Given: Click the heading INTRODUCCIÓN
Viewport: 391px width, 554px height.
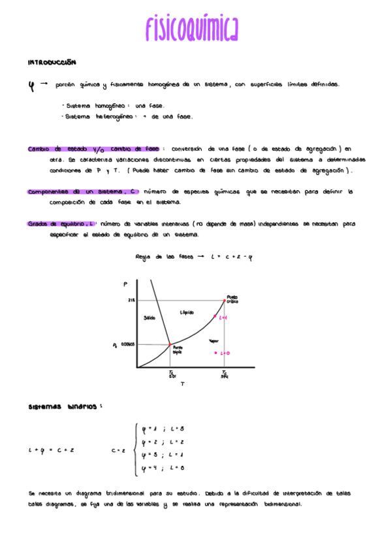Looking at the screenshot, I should [x=52, y=63].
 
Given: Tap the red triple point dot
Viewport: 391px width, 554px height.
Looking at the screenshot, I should [x=170, y=344].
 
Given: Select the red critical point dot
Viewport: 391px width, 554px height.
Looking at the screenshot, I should [x=225, y=301].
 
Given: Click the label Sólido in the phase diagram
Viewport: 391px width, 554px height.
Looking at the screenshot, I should [x=149, y=318].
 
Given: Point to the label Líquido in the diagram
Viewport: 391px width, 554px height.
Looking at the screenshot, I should [x=187, y=313].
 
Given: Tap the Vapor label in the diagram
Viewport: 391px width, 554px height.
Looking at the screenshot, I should [x=213, y=340].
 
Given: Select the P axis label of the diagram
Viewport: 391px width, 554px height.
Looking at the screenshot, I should [x=124, y=284].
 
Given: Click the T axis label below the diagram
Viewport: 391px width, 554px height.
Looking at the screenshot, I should [x=182, y=384].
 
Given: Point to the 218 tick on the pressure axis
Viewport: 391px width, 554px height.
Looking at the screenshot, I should [x=131, y=301].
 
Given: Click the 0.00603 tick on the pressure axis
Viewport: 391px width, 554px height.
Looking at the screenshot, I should [x=127, y=344].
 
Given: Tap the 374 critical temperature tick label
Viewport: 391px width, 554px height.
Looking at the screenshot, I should [x=225, y=376].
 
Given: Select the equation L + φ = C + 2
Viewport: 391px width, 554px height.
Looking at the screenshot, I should [x=52, y=450].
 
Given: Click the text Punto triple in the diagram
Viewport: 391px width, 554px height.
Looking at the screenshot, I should [x=177, y=350].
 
